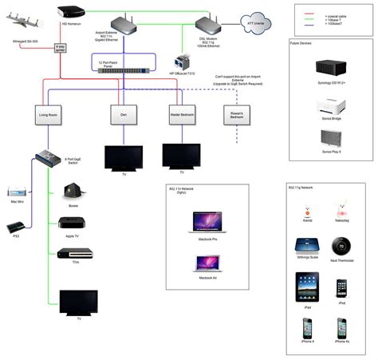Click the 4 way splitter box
tap(61, 48)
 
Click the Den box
tap(124, 115)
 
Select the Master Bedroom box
tap(183, 115)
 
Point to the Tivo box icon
tap(73, 254)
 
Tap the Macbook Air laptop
tap(207, 263)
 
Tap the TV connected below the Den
tap(124, 158)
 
